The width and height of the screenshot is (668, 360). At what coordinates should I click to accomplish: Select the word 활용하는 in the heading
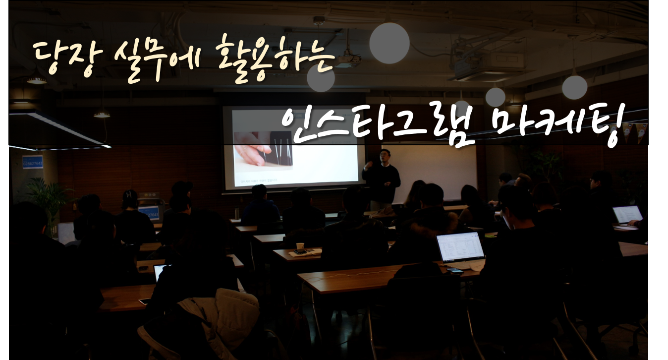click(276, 58)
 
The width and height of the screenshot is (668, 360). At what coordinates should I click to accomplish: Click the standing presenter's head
click(385, 155)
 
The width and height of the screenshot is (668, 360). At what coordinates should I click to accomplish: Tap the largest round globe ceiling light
click(389, 43)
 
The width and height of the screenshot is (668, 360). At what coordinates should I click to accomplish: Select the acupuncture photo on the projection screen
click(263, 151)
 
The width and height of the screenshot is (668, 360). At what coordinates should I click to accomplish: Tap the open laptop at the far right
click(627, 215)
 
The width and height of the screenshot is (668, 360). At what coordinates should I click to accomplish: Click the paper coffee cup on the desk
click(300, 246)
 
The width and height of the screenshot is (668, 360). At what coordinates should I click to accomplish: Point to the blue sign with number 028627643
click(33, 162)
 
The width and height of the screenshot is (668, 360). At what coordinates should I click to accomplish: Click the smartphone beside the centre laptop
click(455, 271)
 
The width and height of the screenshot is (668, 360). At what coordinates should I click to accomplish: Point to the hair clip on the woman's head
click(128, 194)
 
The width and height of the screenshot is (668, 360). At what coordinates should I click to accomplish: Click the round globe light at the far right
click(575, 87)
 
